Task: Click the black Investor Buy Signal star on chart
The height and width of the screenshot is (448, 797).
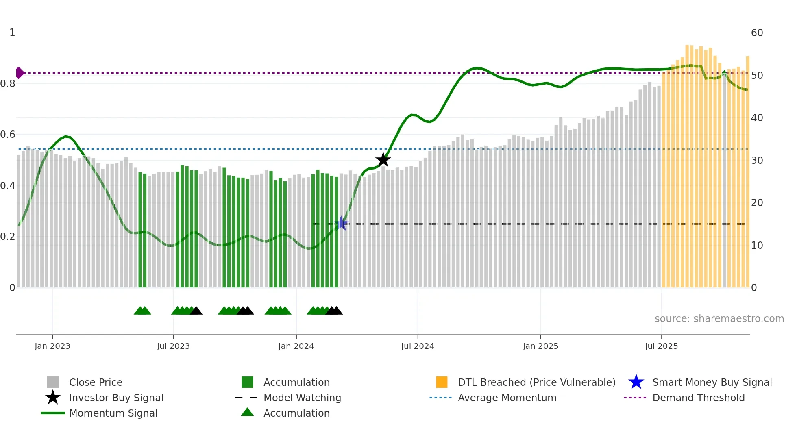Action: point(383,160)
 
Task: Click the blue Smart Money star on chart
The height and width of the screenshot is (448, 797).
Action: point(341,223)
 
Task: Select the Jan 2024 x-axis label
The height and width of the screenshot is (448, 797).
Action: point(296,346)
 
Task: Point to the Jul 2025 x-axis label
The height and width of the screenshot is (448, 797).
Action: point(661,346)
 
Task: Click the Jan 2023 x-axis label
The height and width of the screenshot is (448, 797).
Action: point(52,346)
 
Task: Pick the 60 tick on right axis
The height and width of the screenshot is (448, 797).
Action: point(757,33)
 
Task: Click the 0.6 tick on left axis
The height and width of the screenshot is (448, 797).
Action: point(8,135)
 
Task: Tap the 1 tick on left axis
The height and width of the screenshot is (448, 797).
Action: point(12,33)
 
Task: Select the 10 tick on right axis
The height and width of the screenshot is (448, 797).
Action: point(757,245)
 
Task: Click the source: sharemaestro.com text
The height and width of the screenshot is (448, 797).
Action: point(719,319)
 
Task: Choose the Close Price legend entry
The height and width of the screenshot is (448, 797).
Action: point(96,382)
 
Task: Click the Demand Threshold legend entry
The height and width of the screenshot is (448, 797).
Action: point(698,398)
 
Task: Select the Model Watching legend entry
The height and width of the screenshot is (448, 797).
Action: point(302,398)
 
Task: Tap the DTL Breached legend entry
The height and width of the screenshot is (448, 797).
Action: point(536,382)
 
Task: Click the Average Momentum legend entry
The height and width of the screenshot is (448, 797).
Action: point(507,398)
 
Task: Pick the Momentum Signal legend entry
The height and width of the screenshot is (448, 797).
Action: point(113,413)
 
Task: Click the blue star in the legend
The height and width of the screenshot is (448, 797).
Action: point(636,382)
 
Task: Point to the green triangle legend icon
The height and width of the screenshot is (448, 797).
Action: point(247,412)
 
